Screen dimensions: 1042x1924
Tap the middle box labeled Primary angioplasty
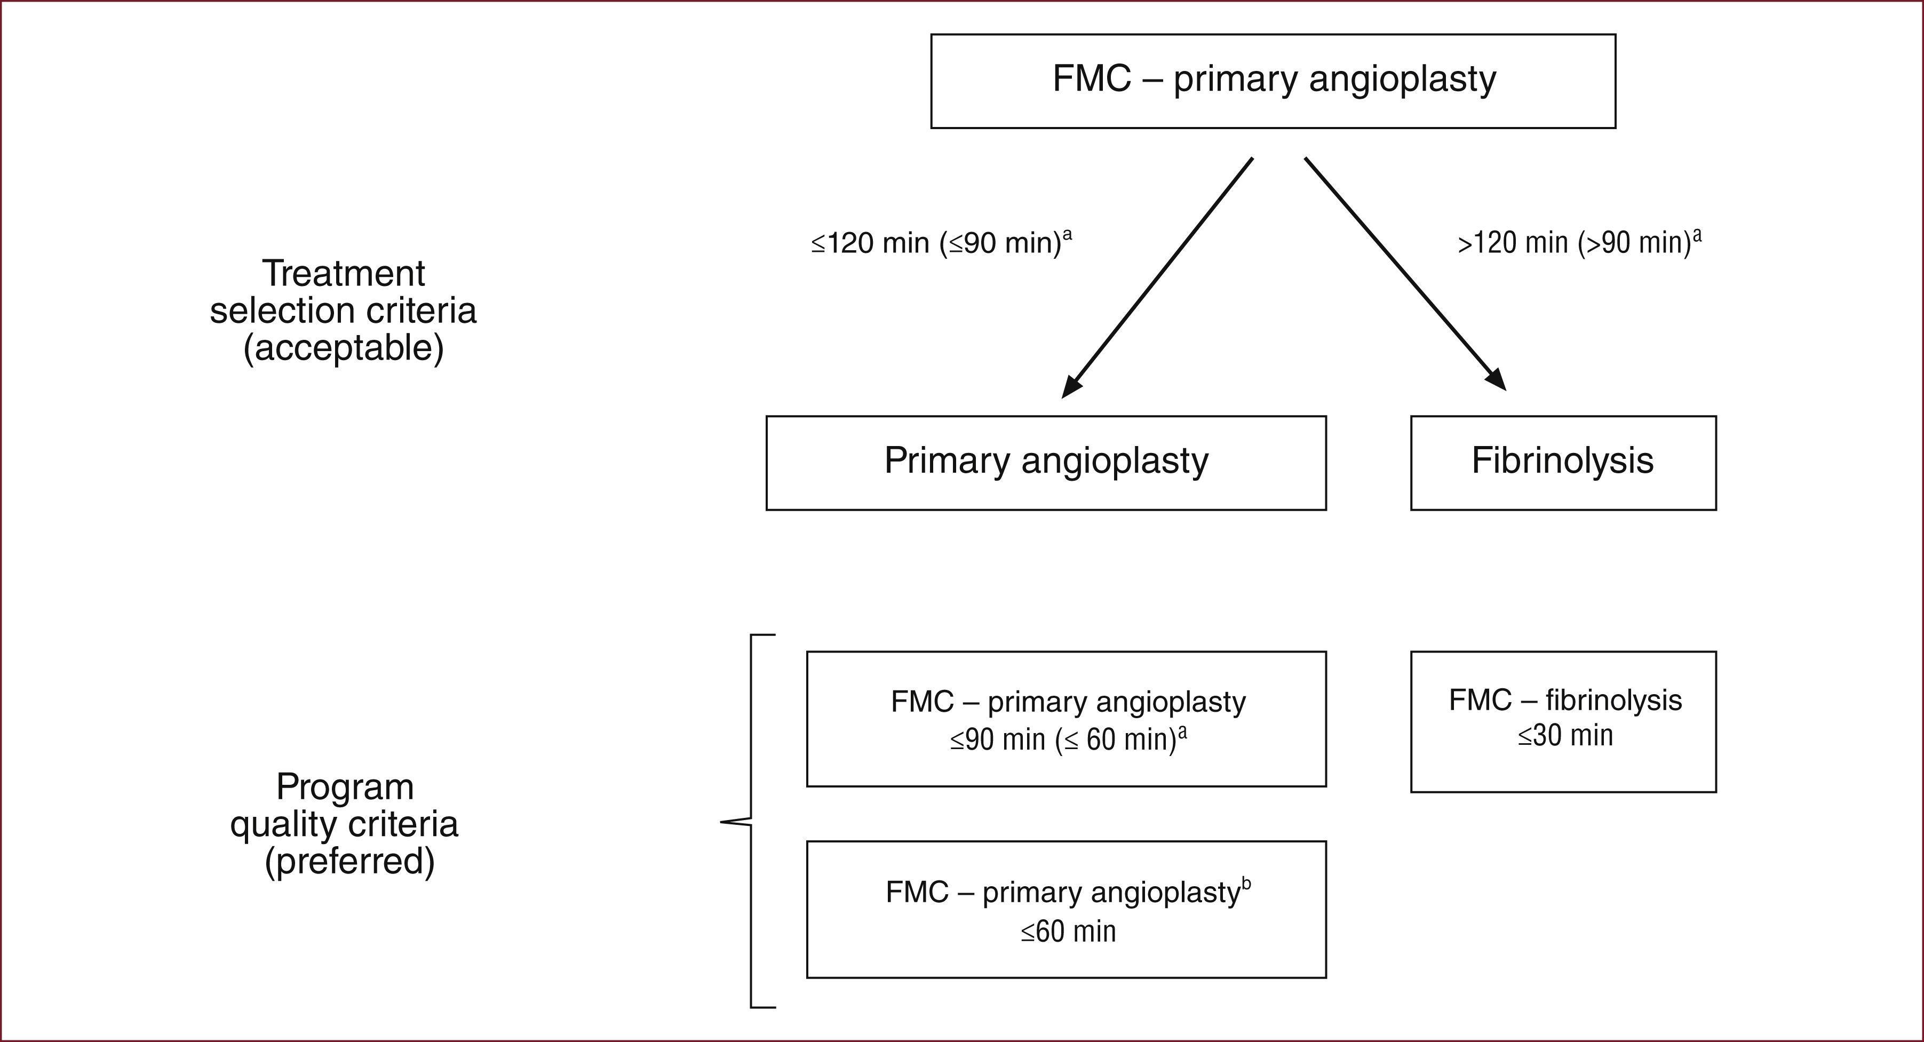point(1046,463)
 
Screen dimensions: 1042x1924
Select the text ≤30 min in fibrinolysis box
point(1565,736)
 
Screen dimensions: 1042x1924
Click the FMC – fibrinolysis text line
point(1565,701)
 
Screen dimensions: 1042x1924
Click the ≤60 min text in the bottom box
point(1068,932)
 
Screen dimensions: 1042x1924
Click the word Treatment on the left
point(343,273)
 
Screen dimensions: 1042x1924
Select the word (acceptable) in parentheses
point(343,348)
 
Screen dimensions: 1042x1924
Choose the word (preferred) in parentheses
point(349,861)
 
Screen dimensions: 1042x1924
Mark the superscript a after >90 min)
point(1697,235)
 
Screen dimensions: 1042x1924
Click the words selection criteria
point(343,311)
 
